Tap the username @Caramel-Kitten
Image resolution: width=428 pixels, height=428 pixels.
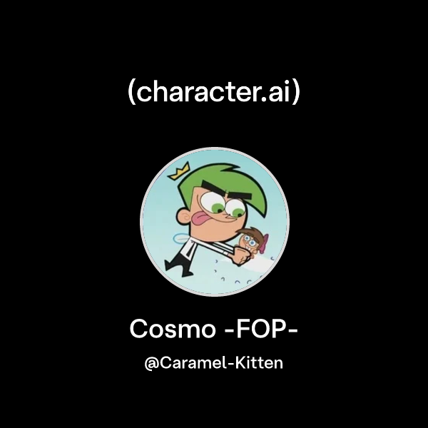214,363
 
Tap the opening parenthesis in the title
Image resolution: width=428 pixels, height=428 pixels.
132,93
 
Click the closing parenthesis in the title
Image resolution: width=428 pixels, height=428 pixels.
295,93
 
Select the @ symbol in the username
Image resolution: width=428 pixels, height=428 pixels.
151,364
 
